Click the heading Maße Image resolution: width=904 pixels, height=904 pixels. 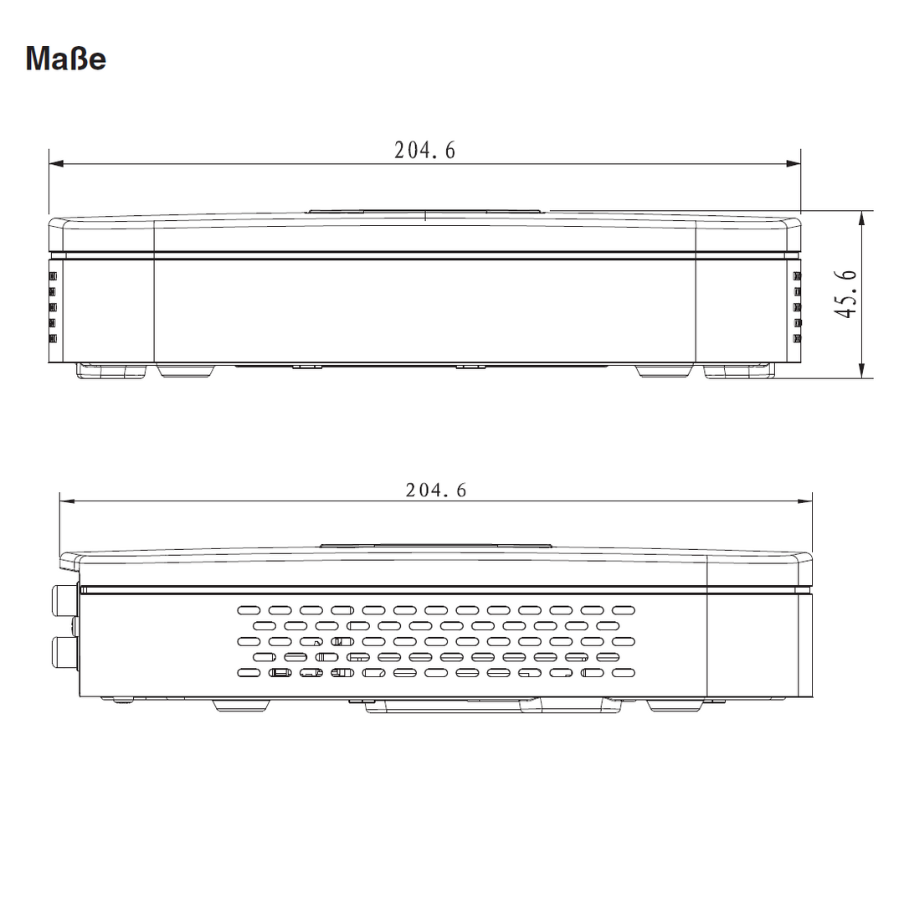[66, 59]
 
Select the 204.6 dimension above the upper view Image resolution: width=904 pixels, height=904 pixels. [425, 151]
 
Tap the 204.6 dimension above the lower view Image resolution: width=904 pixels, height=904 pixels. [436, 490]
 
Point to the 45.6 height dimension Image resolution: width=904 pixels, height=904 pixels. [845, 294]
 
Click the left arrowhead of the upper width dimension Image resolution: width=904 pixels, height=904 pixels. [57, 164]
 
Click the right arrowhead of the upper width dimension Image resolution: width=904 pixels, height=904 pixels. [794, 164]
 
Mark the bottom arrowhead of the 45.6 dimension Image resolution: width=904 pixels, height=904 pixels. [862, 371]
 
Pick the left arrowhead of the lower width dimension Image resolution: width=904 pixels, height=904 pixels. [68, 501]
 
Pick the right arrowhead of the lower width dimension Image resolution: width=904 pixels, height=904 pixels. [805, 501]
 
